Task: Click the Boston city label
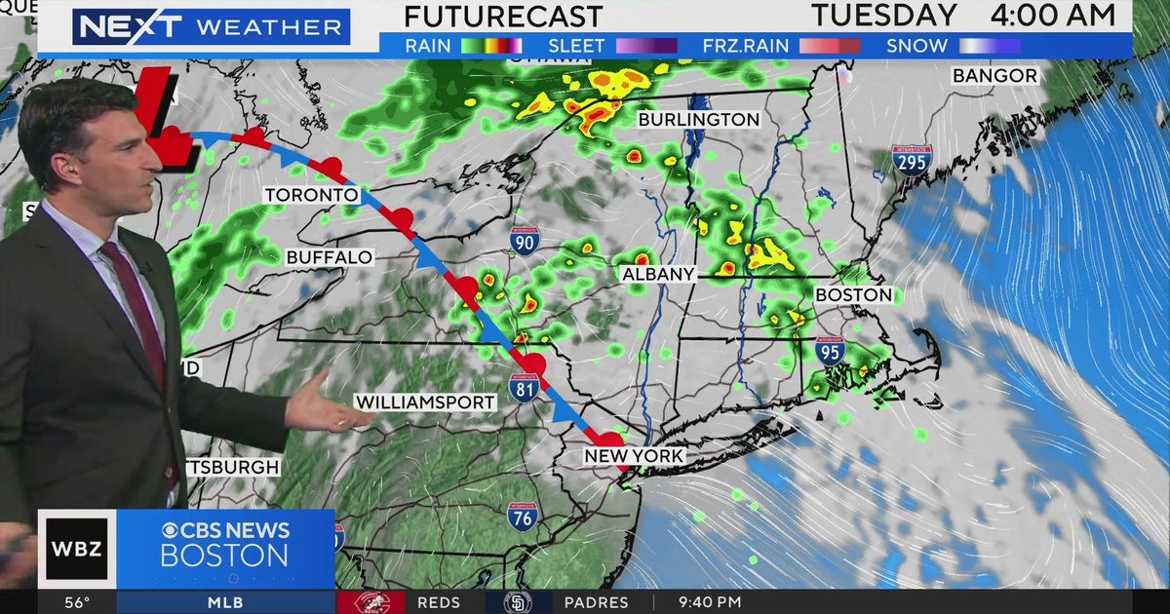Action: point(853,294)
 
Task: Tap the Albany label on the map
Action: point(658,275)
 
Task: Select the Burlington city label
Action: point(698,119)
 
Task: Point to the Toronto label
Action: point(312,195)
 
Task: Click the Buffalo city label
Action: point(330,257)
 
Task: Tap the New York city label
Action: point(634,456)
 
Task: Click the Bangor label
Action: point(994,75)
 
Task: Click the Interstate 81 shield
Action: point(524,387)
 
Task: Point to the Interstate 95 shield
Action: point(830,351)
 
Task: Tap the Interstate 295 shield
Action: point(912,160)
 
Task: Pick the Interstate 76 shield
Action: point(522,516)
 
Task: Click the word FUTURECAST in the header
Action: point(502,17)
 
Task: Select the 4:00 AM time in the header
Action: point(1053,16)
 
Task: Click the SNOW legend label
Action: point(916,46)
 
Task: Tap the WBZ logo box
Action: point(77,549)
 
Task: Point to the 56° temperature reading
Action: point(77,602)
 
